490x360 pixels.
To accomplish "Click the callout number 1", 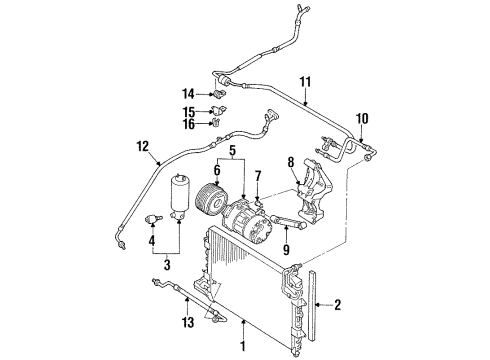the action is (x=243, y=346).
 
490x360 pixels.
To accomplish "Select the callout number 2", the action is (x=338, y=305).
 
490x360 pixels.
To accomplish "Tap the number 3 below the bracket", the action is (x=167, y=265).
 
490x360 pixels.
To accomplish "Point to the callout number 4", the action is (x=152, y=240).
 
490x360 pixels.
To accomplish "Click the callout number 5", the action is (x=232, y=151).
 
